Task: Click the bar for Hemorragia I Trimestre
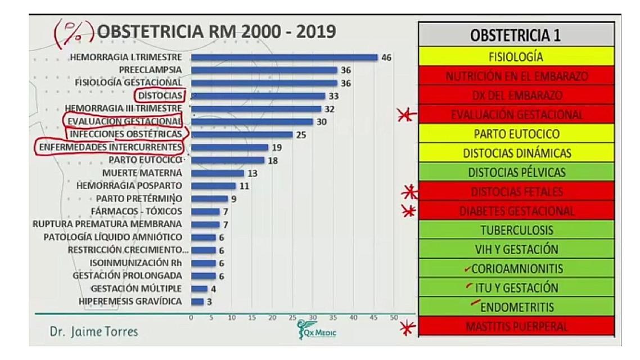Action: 284,57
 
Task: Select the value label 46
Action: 386,57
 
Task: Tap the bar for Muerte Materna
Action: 218,173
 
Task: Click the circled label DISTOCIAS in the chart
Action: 160,95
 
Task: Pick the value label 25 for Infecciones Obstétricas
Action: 301,134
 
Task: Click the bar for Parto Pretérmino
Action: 209,199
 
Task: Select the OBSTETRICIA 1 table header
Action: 515,37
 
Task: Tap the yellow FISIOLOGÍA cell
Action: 515,57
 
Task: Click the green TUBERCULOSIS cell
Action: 515,230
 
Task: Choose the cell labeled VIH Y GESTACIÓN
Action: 515,249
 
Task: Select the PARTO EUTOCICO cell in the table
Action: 515,134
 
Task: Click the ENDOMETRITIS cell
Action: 515,307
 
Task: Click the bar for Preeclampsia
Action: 264,70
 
